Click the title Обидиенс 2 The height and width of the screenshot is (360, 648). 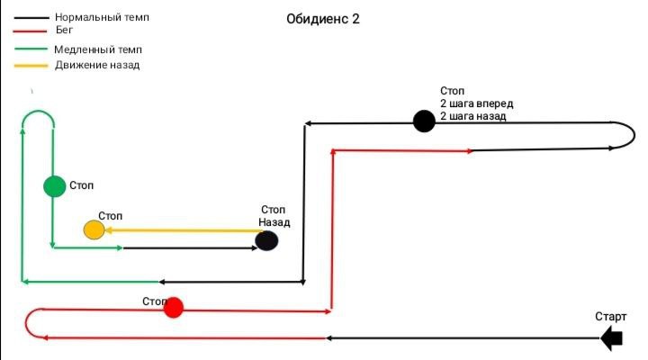(x=322, y=19)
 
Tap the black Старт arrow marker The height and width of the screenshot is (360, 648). (x=612, y=338)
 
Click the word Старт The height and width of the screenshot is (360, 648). (x=610, y=317)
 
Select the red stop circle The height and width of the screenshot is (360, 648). (x=174, y=308)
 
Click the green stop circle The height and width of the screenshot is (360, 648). (x=55, y=186)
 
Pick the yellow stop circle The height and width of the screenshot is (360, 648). (x=94, y=230)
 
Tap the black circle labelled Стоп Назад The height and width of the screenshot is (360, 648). (x=266, y=240)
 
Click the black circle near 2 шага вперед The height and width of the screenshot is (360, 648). (x=424, y=121)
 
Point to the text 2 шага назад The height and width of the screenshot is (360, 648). (x=473, y=116)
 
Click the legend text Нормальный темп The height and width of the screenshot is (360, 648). (x=102, y=17)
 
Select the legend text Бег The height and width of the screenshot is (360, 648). (x=64, y=30)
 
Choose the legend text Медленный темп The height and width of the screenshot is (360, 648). (x=98, y=50)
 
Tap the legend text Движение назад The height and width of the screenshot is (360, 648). (x=97, y=65)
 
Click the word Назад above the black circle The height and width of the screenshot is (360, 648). (x=274, y=221)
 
